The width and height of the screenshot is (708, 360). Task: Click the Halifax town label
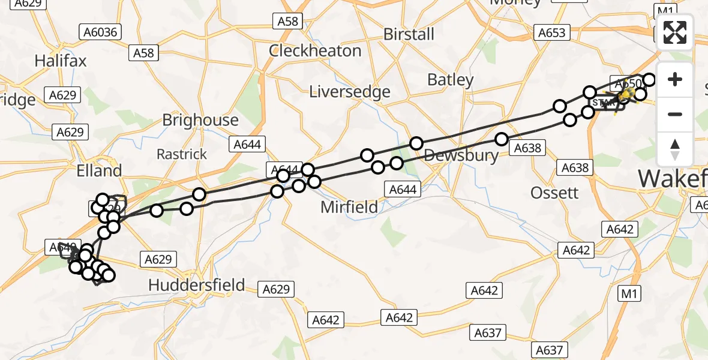click(61, 61)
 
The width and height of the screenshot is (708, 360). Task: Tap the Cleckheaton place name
click(315, 50)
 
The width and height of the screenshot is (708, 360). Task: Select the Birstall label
click(409, 34)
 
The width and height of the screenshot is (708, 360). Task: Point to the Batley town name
click(450, 79)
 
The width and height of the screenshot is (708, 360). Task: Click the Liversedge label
click(350, 92)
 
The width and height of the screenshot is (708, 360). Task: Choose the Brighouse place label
click(200, 120)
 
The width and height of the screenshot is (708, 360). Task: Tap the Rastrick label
click(181, 154)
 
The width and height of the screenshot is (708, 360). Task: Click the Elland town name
click(99, 170)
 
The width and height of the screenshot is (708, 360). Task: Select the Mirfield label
click(349, 208)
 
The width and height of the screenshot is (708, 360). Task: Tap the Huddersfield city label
click(197, 284)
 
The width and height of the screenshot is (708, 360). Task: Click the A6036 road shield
click(100, 32)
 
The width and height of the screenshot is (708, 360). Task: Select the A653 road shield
click(551, 32)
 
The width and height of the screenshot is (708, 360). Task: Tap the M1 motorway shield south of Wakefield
click(630, 293)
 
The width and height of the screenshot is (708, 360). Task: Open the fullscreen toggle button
click(675, 32)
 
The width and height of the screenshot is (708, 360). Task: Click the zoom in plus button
click(675, 79)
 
